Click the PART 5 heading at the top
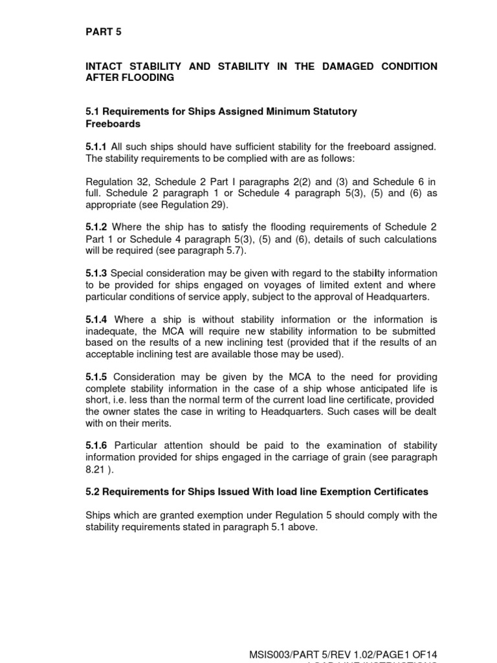[104, 31]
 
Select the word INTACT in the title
[105, 67]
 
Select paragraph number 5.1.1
[96, 148]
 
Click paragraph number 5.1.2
[96, 228]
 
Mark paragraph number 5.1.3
[96, 274]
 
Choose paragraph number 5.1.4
[96, 320]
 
